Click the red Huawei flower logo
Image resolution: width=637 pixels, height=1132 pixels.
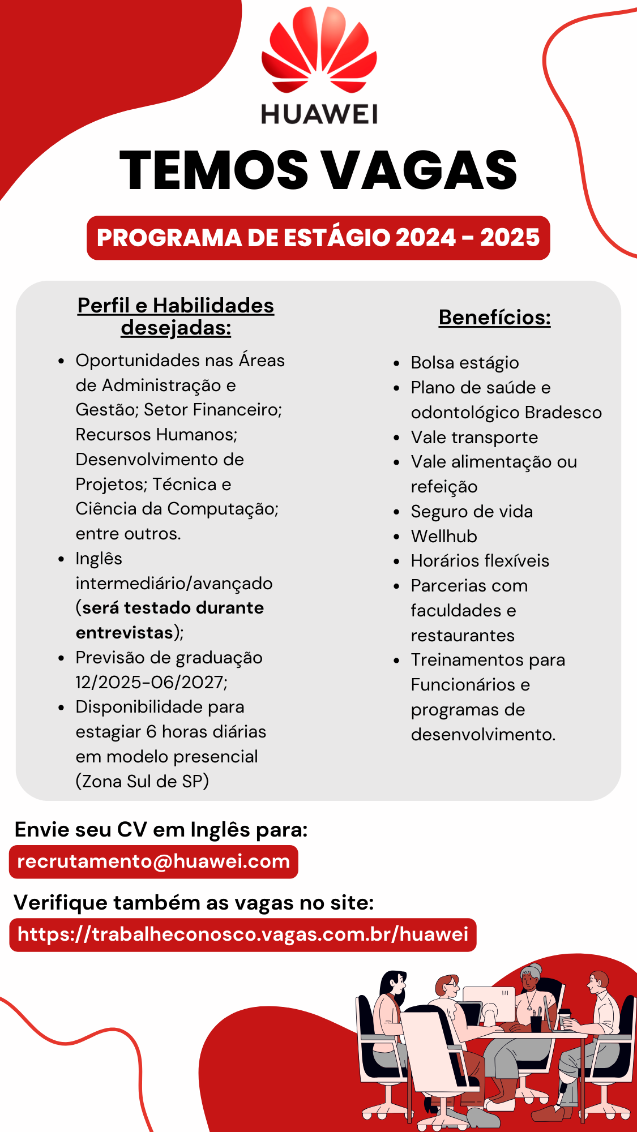(x=319, y=51)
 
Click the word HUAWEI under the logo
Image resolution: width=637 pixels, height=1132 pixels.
(x=319, y=114)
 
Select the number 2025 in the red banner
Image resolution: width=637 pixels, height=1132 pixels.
(x=510, y=238)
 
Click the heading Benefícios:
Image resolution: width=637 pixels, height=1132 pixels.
(x=494, y=318)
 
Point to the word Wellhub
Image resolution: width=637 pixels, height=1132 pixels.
(x=444, y=536)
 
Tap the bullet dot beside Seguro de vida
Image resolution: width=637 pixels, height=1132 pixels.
(x=397, y=512)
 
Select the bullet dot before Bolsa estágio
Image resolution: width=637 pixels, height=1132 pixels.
(x=397, y=363)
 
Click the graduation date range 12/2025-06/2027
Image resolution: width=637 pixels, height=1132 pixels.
(x=151, y=683)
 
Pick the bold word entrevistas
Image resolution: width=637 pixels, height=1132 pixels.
(x=125, y=633)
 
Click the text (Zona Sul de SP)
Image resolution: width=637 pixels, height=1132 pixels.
(x=142, y=782)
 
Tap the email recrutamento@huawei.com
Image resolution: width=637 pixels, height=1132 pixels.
(x=153, y=861)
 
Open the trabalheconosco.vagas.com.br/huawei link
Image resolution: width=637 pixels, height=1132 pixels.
(x=243, y=934)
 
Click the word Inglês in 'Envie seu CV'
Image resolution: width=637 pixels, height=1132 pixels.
(x=220, y=830)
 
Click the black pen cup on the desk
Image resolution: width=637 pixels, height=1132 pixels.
(x=536, y=1023)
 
